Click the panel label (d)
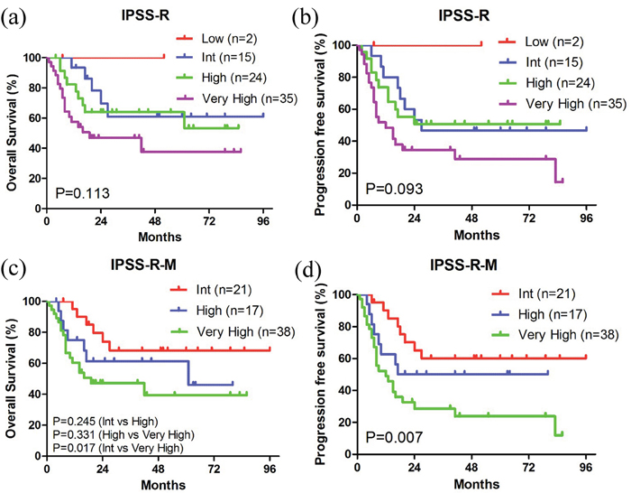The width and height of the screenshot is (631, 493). pyautogui.click(x=331, y=267)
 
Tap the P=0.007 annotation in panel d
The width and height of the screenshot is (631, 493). pyautogui.click(x=393, y=437)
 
